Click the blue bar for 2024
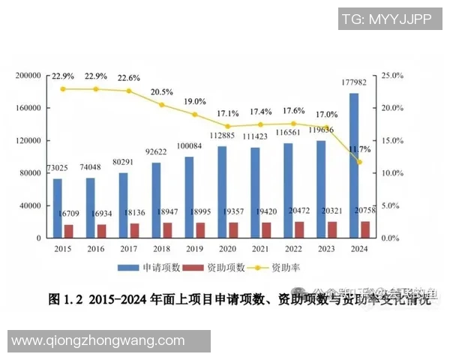pos(353,165)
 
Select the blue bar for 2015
pos(58,208)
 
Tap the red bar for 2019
pos(199,229)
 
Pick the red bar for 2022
pos(298,229)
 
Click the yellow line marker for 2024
pos(358,162)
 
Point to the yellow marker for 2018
pos(161,105)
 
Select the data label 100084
pos(189,145)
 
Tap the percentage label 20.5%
pos(160,92)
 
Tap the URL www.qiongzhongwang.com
pos(97,341)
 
